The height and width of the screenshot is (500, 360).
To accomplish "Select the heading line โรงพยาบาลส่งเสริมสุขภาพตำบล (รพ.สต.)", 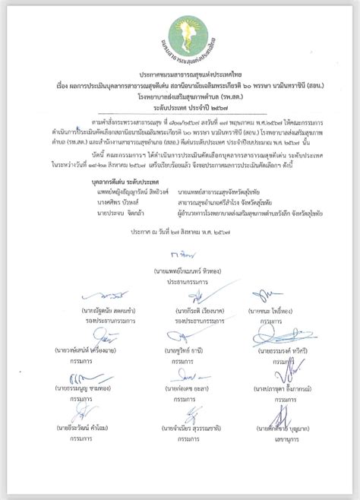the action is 180,98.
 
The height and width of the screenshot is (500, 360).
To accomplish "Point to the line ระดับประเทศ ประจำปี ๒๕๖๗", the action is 180,109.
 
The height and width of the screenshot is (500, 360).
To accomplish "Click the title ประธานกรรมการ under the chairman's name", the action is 180,280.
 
